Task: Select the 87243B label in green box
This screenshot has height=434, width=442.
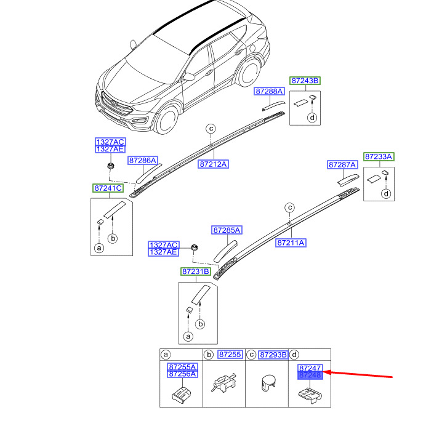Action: (305, 81)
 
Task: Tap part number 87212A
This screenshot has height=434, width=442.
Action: (214, 164)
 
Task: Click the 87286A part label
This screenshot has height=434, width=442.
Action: (143, 160)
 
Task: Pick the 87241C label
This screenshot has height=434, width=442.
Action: (108, 188)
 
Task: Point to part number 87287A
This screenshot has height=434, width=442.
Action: (343, 165)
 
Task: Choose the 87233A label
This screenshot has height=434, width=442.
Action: (379, 157)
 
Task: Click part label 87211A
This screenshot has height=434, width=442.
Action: (291, 243)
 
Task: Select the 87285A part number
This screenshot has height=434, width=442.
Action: (227, 230)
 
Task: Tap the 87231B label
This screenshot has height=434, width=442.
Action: (195, 271)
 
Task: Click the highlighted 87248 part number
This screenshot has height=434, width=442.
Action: (310, 375)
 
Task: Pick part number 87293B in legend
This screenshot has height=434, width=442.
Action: (273, 355)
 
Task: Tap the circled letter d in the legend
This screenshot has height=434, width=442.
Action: (295, 355)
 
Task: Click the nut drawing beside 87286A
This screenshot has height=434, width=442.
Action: (111, 166)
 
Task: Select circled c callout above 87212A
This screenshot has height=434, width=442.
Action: (210, 129)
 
